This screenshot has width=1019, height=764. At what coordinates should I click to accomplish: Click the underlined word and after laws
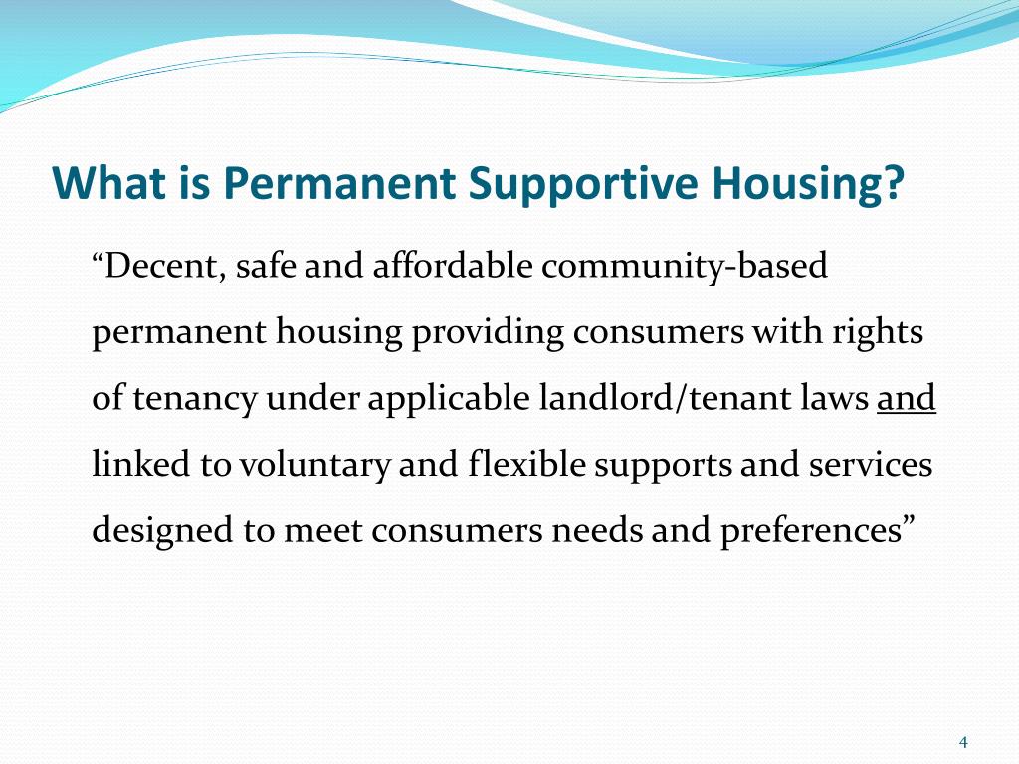tap(907, 399)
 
